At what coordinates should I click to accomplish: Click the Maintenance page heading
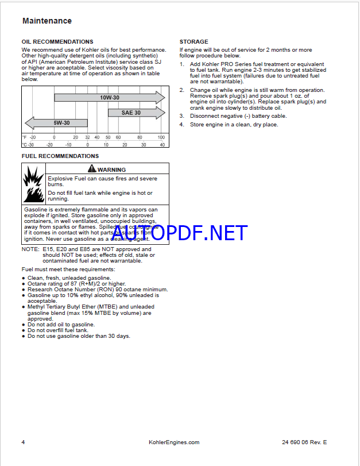pos(47,21)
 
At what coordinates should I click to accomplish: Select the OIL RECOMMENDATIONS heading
pos(57,42)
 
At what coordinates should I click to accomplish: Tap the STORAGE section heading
pos(194,42)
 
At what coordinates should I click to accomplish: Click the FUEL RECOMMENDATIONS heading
pos(60,156)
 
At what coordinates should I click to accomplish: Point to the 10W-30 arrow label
pos(109,98)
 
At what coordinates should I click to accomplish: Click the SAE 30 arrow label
pos(131,113)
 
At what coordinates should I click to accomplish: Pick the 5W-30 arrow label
pos(62,122)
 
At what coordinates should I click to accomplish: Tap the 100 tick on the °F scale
pos(161,137)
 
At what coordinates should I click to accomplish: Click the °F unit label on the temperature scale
pos(25,137)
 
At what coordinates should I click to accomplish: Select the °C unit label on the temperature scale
pos(25,145)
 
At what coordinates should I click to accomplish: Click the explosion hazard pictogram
pos(33,184)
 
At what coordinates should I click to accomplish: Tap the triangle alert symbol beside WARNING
pos(91,169)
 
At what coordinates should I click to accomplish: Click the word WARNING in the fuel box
pos(111,170)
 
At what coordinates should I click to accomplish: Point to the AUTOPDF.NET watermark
pos(180,232)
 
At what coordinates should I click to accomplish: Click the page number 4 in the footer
pos(24,442)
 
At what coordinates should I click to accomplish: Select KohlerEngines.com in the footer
pos(173,442)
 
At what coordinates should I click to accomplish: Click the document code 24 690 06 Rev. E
pos(304,442)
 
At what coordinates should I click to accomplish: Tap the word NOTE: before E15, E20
pos(30,249)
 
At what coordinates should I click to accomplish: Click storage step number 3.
pos(181,116)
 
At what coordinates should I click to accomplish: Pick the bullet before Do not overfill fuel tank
pos(24,330)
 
